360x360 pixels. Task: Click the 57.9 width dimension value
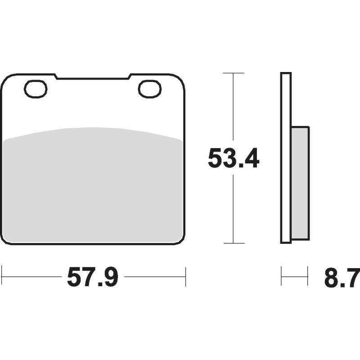[x=93, y=277]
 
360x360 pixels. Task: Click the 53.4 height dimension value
[x=234, y=158]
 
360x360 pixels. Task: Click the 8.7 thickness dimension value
[x=342, y=279]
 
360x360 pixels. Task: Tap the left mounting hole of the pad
[x=36, y=89]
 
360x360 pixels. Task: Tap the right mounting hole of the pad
[x=150, y=89]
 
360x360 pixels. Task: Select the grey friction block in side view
[x=300, y=184]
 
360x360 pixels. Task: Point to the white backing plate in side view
[x=286, y=158]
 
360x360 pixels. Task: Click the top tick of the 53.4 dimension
[x=234, y=73]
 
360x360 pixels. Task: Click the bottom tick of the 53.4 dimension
[x=234, y=243]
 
